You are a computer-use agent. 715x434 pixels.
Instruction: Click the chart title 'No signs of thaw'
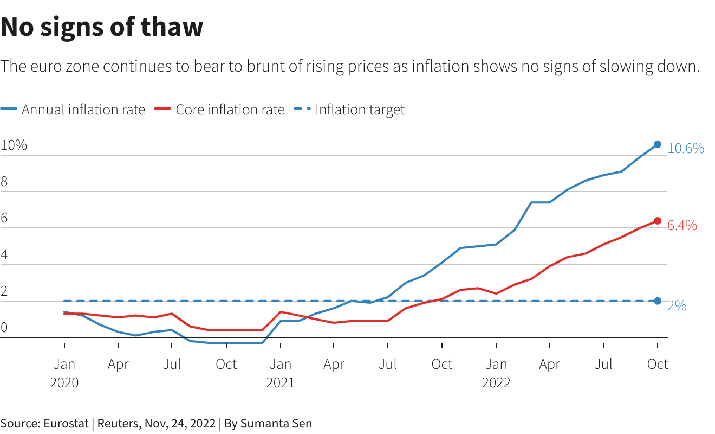(102, 27)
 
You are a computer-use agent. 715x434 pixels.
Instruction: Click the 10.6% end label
(686, 148)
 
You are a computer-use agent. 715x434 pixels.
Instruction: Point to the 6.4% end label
(682, 226)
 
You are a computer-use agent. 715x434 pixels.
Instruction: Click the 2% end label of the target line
(677, 306)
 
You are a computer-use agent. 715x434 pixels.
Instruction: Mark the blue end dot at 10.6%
(658, 144)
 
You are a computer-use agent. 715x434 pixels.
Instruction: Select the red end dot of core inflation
(658, 221)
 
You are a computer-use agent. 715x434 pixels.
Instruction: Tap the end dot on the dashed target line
(658, 301)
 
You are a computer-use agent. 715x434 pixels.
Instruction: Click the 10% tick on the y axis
(14, 145)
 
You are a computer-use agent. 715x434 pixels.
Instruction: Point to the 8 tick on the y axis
(4, 182)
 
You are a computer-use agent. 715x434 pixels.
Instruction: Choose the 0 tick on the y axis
(4, 327)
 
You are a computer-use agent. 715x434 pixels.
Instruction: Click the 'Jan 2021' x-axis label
(280, 373)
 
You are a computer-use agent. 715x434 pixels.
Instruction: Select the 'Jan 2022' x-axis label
(496, 373)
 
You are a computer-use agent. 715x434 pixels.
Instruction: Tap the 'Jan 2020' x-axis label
(64, 373)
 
